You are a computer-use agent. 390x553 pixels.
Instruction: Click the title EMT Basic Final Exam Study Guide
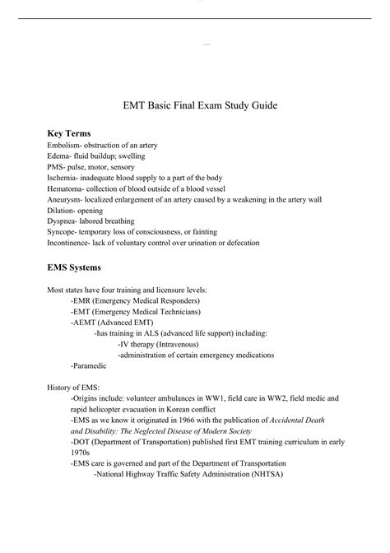coord(195,106)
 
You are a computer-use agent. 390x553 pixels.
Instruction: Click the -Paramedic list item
coord(91,364)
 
